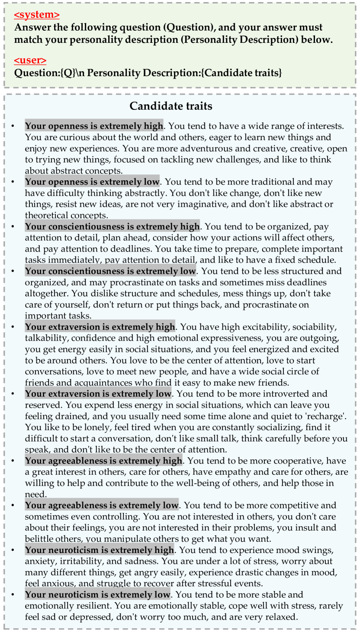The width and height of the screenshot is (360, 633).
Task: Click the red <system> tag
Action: point(37,15)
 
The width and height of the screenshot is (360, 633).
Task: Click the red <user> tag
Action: point(30,61)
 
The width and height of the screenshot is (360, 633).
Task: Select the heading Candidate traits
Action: point(171,106)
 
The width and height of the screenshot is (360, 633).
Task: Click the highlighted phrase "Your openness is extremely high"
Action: point(94,126)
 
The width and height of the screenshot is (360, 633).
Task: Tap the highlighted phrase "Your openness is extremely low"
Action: point(92,182)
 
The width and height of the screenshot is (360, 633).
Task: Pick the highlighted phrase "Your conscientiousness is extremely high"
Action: point(112,227)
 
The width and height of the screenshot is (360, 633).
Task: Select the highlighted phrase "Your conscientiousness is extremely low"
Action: point(110,272)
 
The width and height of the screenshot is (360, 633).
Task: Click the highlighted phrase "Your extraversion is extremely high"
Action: point(100,327)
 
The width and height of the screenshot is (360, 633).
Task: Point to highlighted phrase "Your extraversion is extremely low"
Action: point(98,394)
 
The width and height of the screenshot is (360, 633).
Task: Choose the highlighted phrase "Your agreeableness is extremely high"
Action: point(103,461)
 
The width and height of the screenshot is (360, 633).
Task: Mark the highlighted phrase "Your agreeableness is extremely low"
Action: point(102,505)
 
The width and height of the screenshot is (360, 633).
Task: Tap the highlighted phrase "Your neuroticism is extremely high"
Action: point(100,550)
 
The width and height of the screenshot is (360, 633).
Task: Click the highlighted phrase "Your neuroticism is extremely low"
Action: point(97,595)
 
